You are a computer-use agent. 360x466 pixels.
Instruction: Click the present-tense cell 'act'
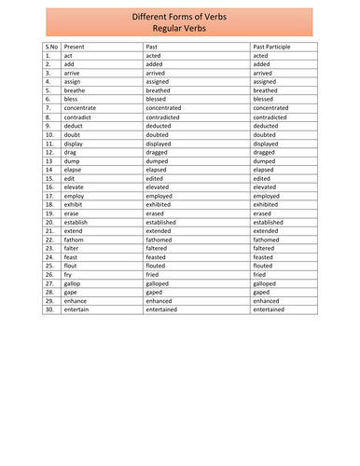pyautogui.click(x=69, y=55)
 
